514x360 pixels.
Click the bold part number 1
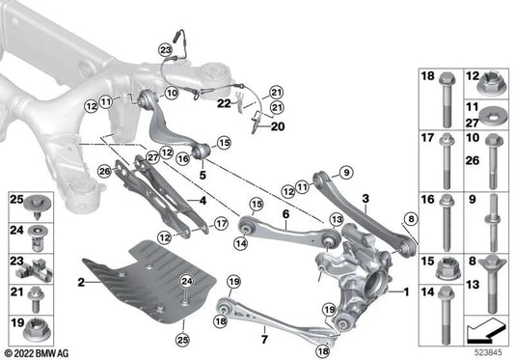click(x=406, y=291)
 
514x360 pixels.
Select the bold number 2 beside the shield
click(x=83, y=283)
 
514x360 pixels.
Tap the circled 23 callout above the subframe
click(x=165, y=49)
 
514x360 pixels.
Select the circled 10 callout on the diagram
click(x=172, y=94)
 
